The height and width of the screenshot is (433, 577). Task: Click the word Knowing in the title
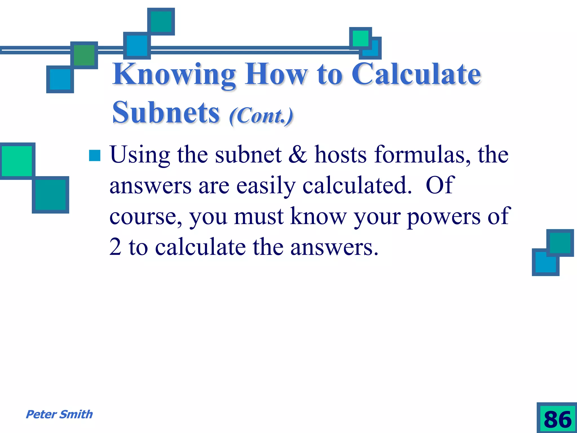click(x=174, y=75)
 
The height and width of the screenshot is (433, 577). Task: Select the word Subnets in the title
click(x=166, y=113)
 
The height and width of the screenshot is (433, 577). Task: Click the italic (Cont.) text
click(x=261, y=116)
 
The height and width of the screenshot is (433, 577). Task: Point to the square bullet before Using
click(x=95, y=155)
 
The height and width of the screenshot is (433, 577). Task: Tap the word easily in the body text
click(x=266, y=186)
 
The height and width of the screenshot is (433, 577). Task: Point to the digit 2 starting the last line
click(x=115, y=247)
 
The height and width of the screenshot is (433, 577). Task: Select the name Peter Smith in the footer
click(x=59, y=414)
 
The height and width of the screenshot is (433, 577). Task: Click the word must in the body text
click(x=259, y=216)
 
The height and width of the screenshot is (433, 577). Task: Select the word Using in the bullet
click(x=140, y=155)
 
